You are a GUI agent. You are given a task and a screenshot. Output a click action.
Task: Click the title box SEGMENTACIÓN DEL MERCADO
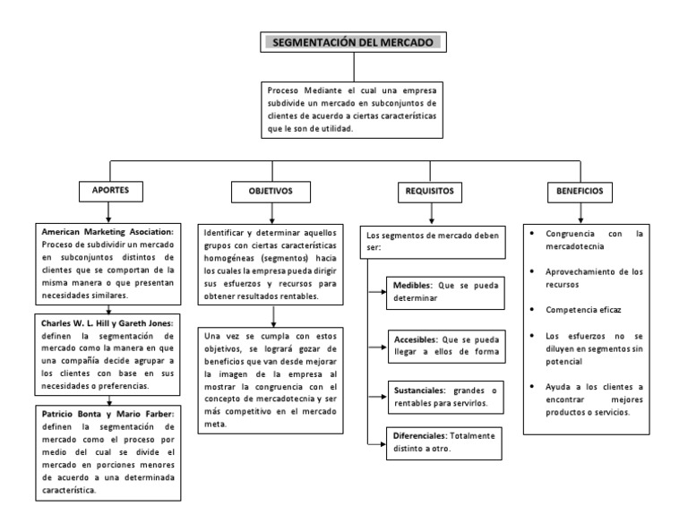353,42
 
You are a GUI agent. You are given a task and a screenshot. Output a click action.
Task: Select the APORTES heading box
110,192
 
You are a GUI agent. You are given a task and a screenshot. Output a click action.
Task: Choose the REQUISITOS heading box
429,192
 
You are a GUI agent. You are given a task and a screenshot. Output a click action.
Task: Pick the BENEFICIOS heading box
580,192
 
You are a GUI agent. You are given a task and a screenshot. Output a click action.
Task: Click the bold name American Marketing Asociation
107,231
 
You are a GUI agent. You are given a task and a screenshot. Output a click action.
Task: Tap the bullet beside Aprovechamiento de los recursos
534,271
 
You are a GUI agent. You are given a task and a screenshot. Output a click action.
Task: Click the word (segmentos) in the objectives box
296,258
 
